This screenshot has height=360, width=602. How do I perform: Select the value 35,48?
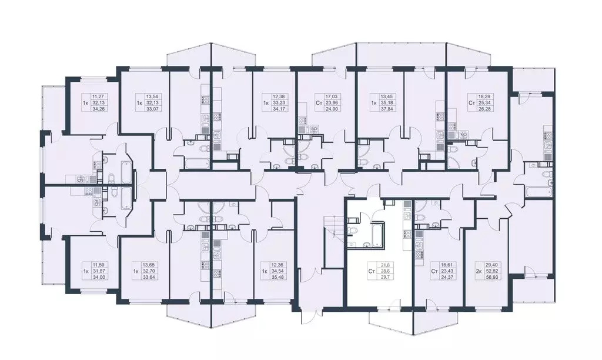click(279, 279)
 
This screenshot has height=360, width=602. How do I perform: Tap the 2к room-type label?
click(477, 273)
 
